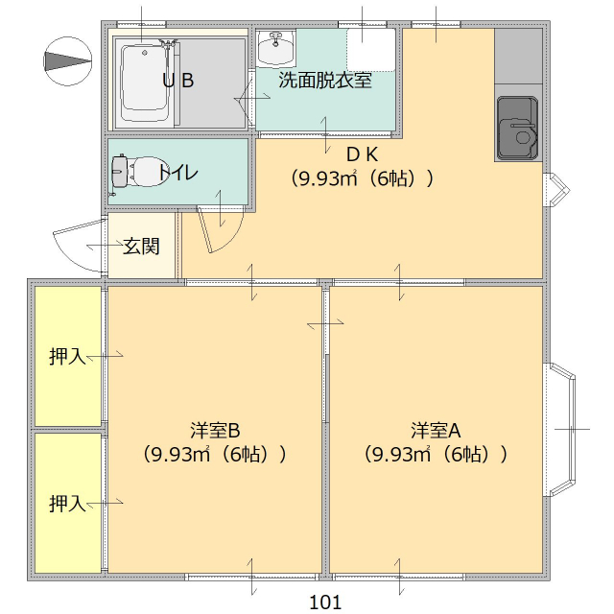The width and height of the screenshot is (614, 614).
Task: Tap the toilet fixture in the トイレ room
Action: (x=134, y=173)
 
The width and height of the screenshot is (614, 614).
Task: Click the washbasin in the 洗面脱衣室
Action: (x=276, y=46)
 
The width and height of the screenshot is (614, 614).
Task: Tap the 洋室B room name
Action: (x=214, y=429)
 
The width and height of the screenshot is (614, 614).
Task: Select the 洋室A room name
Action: (x=437, y=429)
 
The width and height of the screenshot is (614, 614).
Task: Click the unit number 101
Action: (x=326, y=602)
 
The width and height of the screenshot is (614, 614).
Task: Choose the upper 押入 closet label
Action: (x=67, y=357)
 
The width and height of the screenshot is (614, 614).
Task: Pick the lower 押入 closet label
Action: (x=67, y=503)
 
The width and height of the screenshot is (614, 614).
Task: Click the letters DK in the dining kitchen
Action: (x=363, y=153)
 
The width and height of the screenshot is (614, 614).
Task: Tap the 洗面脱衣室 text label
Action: (x=324, y=81)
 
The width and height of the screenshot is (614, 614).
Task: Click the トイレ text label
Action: (x=179, y=174)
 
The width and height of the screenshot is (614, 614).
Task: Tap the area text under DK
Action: (x=363, y=178)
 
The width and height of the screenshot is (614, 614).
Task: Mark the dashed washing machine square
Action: (x=370, y=48)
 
